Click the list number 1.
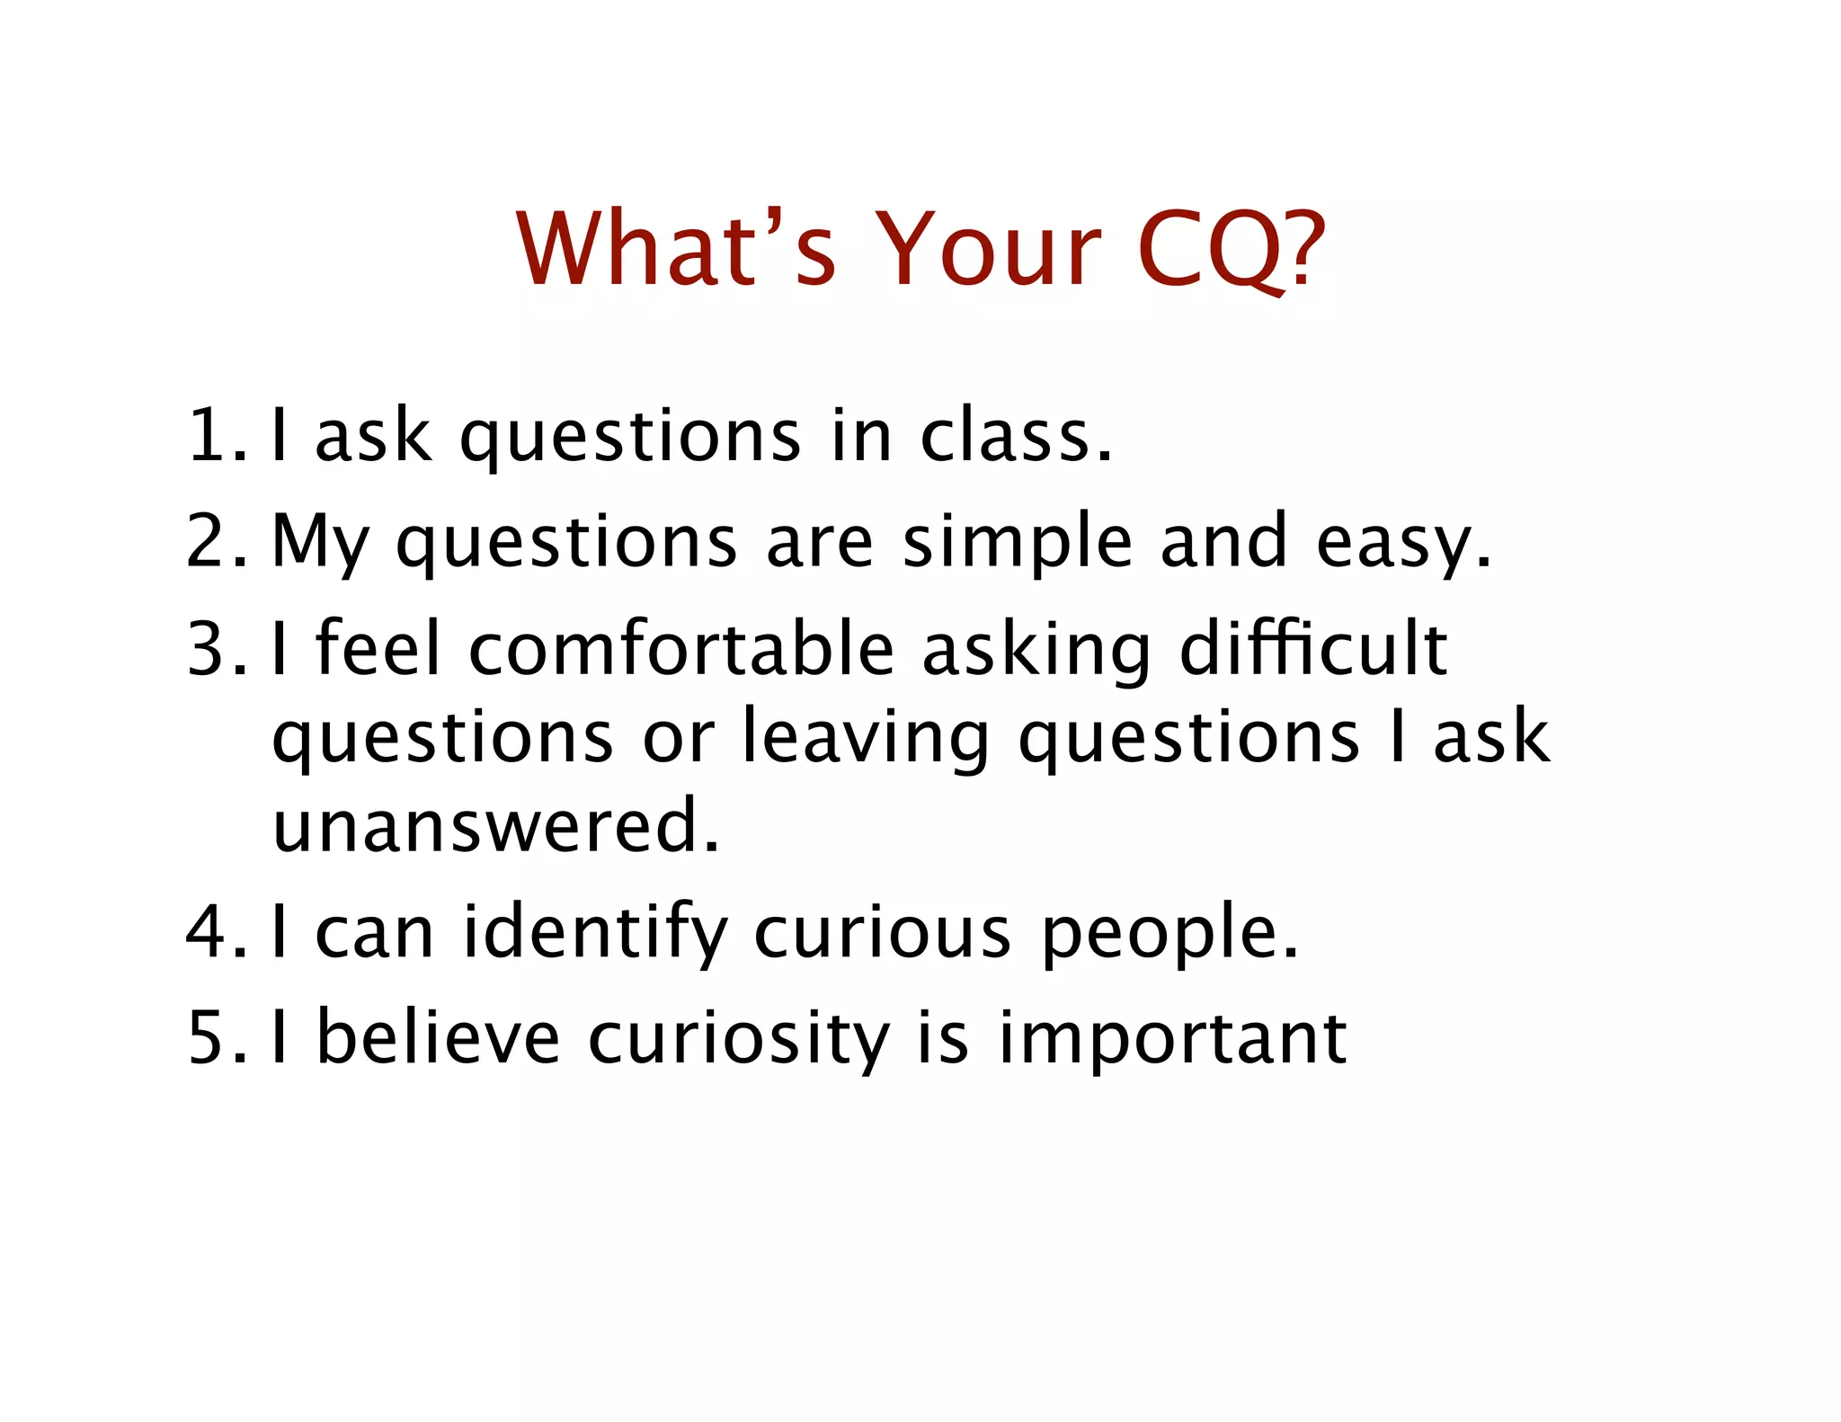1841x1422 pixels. coord(213,436)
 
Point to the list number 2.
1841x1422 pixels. coord(214,541)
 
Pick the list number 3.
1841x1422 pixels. coord(214,648)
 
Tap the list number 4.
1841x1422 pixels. coord(214,932)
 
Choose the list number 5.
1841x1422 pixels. coord(214,1038)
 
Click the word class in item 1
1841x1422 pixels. coord(1016,436)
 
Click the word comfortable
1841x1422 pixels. coord(681,648)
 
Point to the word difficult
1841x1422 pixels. coord(1313,648)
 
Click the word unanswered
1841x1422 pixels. coord(495,825)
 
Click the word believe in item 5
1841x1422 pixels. coord(440,1038)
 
